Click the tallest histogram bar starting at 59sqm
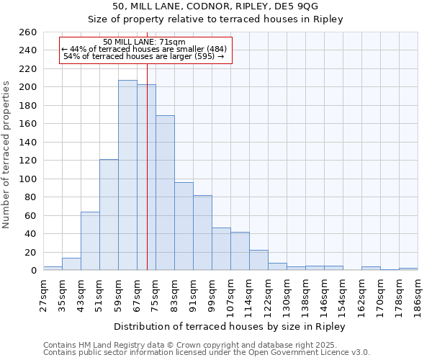[x=127, y=175]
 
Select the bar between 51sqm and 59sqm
[x=109, y=215]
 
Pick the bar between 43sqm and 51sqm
[x=90, y=241]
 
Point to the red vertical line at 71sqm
[x=147, y=166]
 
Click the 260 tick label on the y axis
[x=27, y=32]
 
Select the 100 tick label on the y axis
[x=27, y=179]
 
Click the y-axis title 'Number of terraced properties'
[x=7, y=155]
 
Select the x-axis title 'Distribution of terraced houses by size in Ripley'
[x=230, y=326]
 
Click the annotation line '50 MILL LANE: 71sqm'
[x=144, y=42]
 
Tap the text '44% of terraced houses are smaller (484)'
[x=144, y=49]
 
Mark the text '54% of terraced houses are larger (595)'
[x=144, y=56]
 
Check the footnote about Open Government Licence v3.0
[x=207, y=353]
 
